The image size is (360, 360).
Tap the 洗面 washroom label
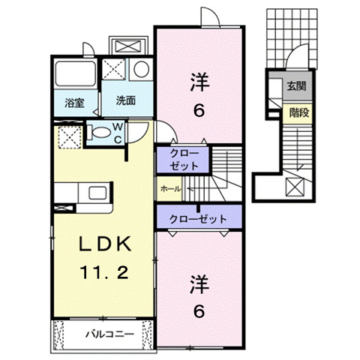coord(124,100)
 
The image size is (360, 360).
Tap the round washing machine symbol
coord(140,70)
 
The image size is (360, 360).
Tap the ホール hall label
coord(170,190)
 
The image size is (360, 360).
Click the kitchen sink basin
coord(98,194)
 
